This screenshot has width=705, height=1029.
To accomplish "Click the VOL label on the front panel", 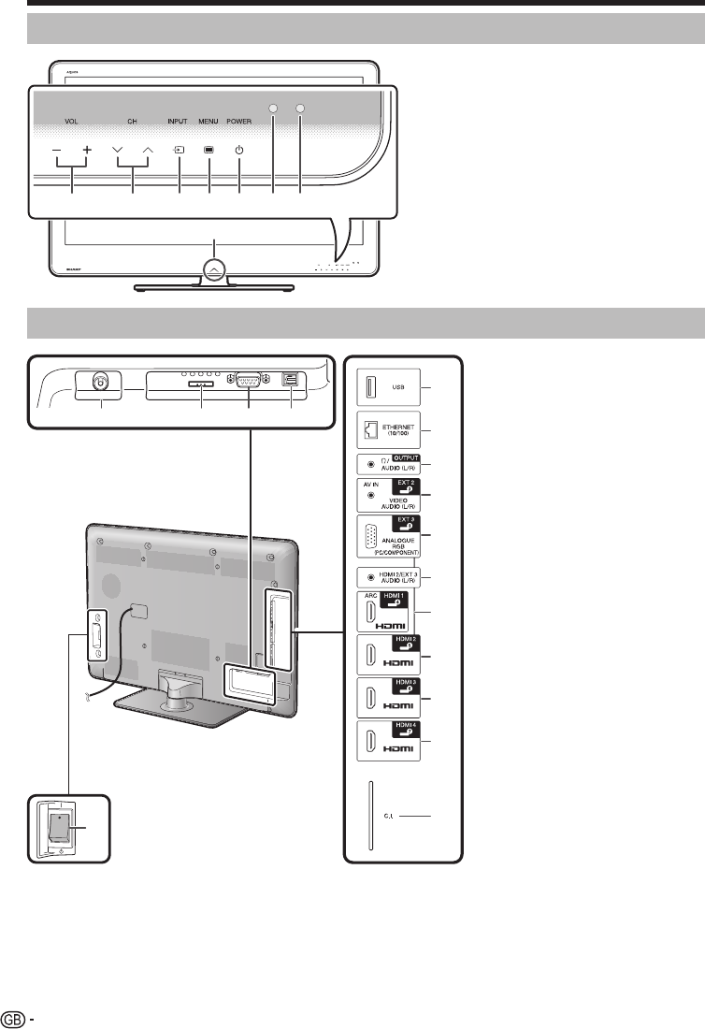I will pyautogui.click(x=73, y=121).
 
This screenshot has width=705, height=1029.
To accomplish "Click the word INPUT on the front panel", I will pyautogui.click(x=178, y=121).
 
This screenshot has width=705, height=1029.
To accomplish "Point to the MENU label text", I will pyautogui.click(x=209, y=121).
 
